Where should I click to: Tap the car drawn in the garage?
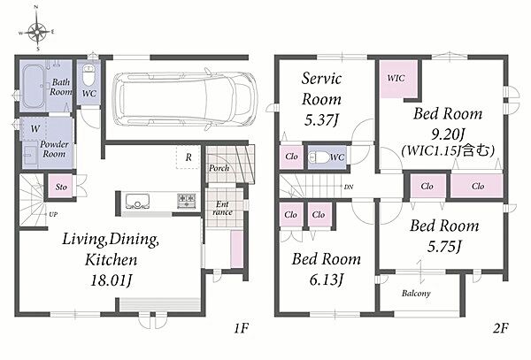(185, 98)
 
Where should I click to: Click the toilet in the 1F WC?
(89, 76)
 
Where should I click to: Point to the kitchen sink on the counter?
(137, 201)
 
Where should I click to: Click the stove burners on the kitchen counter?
(186, 201)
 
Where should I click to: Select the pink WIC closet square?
(398, 80)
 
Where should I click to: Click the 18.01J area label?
(111, 280)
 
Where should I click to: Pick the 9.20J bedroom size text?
(447, 135)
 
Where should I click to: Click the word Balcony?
(416, 293)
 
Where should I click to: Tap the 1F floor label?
(241, 328)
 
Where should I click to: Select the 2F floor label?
(501, 328)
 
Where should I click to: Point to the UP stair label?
(53, 214)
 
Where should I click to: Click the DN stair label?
(349, 187)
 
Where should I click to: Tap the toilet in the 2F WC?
(319, 157)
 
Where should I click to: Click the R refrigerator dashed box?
(189, 157)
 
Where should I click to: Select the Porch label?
(219, 168)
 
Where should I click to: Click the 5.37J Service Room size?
(321, 120)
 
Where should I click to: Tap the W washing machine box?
(35, 128)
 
